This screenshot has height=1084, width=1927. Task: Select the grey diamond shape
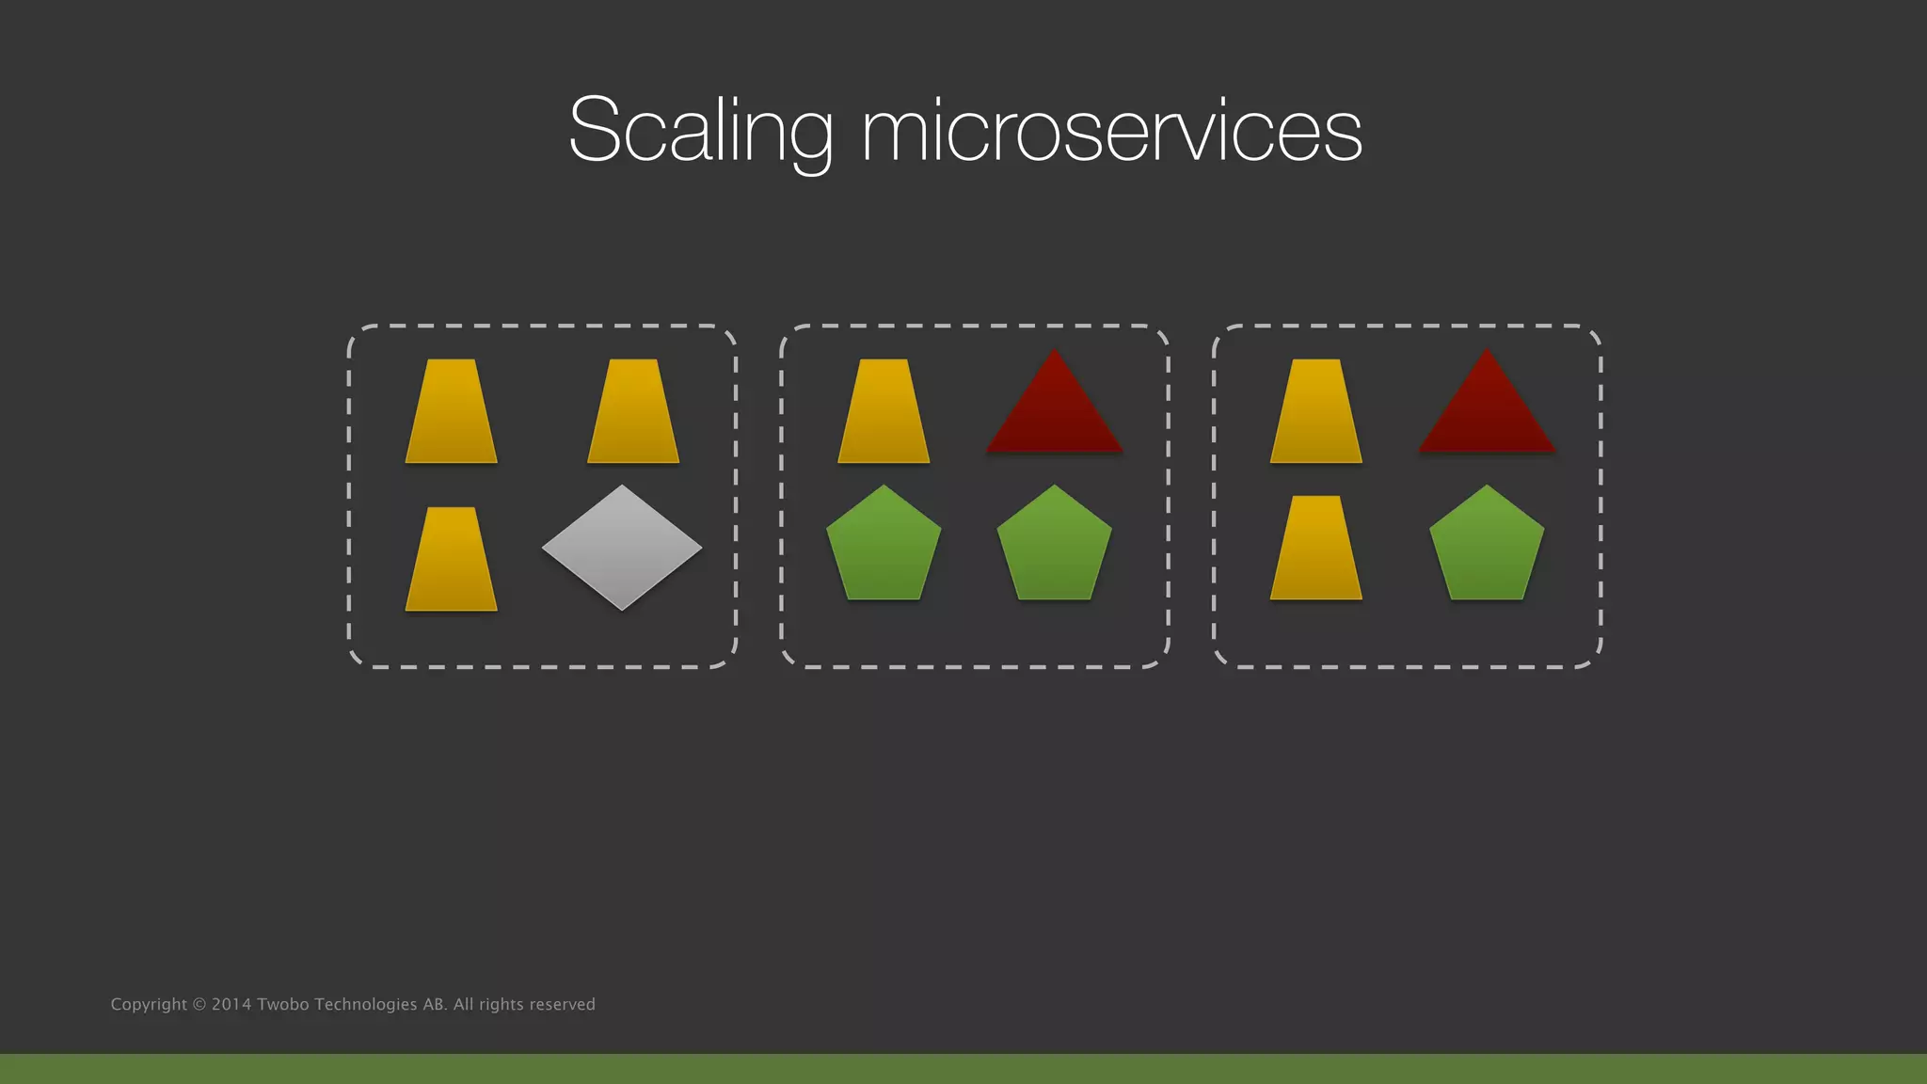[622, 547]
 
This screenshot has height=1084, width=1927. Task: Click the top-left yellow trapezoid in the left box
[452, 411]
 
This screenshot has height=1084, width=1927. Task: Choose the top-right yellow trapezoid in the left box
[633, 411]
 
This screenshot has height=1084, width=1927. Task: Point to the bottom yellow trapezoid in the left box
[452, 559]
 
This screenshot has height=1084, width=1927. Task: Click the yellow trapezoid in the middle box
[884, 411]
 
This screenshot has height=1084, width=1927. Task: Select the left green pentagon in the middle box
[884, 546]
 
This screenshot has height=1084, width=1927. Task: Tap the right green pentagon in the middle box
[1054, 546]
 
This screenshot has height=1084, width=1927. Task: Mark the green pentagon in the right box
[1487, 546]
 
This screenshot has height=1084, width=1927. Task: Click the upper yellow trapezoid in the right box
[1316, 411]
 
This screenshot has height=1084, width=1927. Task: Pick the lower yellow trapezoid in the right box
[1316, 548]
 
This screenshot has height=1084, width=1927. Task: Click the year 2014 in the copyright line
[231, 1004]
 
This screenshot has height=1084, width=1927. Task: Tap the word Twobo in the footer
[282, 1004]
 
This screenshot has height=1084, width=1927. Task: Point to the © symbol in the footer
[199, 1004]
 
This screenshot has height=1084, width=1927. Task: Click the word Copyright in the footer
[149, 1005]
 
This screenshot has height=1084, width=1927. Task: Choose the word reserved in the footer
[563, 1004]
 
